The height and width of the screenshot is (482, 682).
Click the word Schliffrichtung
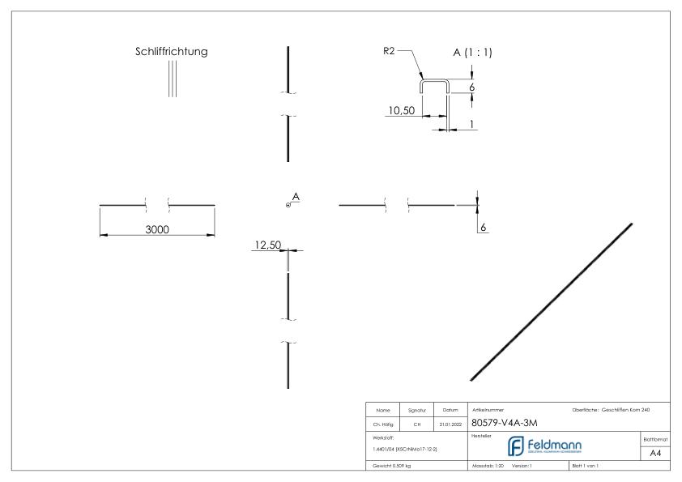(171, 52)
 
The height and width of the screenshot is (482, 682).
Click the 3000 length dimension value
(157, 230)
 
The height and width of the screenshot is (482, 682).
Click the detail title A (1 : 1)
(472, 53)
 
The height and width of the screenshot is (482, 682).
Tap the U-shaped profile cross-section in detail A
(434, 83)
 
